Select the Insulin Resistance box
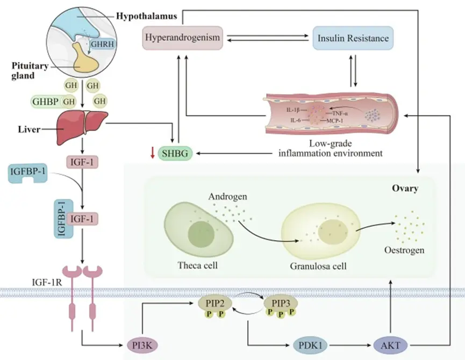[354, 39]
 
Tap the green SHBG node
[175, 154]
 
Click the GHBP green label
[44, 100]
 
